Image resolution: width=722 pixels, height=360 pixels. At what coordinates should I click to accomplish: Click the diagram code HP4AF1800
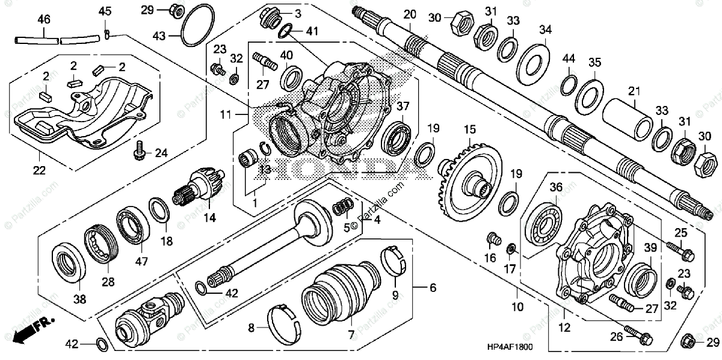[x=510, y=347]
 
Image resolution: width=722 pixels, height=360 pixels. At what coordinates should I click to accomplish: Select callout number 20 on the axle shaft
[x=410, y=14]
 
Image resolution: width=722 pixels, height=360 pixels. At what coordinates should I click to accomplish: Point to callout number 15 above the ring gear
[x=469, y=128]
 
